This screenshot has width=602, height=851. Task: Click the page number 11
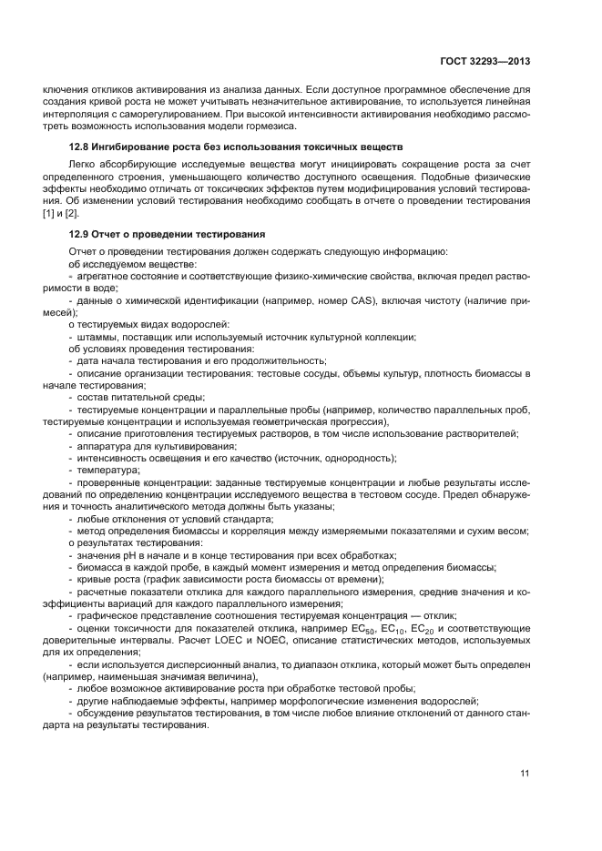tap(525, 774)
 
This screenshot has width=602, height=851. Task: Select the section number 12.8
tap(79, 147)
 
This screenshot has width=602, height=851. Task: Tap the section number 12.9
tap(79, 234)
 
